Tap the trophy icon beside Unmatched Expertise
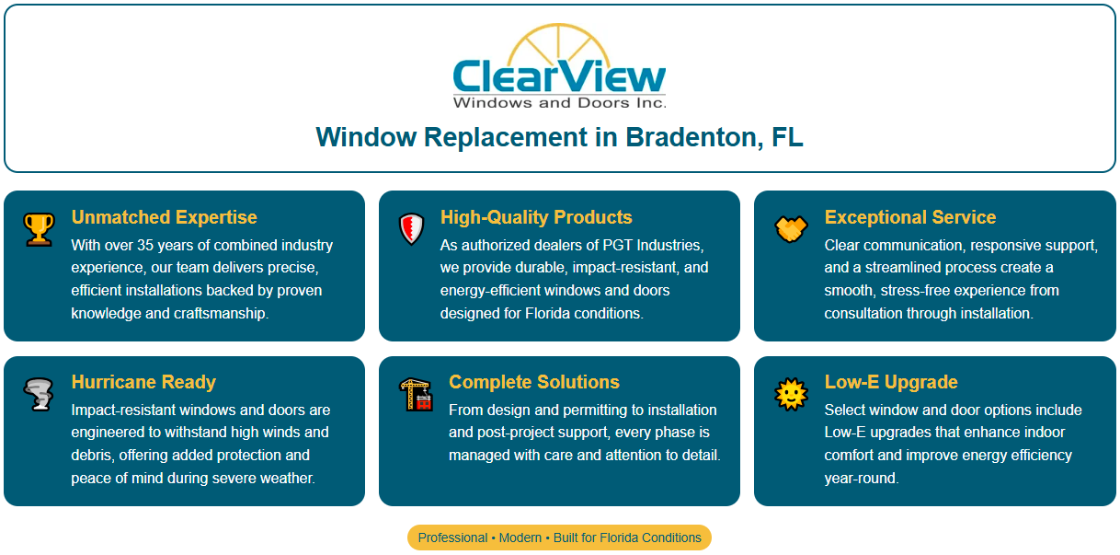coord(39,228)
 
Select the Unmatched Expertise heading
coord(164,217)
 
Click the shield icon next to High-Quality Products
coord(410,228)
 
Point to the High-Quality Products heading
coord(536,217)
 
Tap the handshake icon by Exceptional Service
coord(791,227)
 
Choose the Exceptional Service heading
coord(909,217)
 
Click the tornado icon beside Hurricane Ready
coord(39,394)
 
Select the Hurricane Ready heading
coord(143,382)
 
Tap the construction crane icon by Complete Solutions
coord(416,394)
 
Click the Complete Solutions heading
coord(533,382)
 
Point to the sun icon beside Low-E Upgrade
coord(791,394)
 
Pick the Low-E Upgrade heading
coord(890,382)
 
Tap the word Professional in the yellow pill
coord(452,538)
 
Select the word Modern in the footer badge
coord(520,538)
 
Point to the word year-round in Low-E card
coord(861,479)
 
